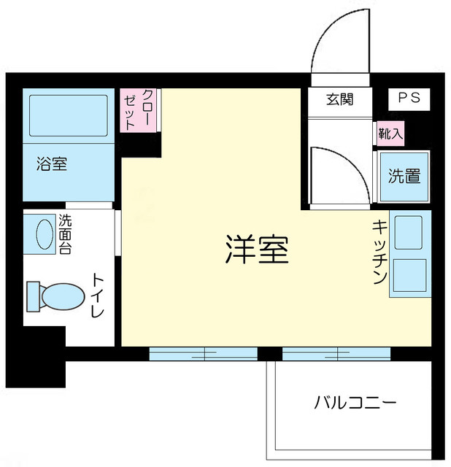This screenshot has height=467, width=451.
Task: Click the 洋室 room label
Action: click(255, 251)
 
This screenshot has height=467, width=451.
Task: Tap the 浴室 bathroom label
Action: click(52, 164)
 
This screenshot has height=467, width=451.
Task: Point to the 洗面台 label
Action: click(66, 233)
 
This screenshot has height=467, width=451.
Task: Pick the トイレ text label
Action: click(98, 296)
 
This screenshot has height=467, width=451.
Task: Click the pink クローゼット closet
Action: click(138, 110)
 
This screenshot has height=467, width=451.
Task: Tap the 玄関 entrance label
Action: click(339, 99)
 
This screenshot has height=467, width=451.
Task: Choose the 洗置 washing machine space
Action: click(404, 176)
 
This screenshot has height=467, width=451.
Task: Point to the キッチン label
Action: click(379, 252)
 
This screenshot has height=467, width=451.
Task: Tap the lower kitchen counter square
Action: click(410, 276)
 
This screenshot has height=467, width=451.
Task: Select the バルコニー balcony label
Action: click(355, 402)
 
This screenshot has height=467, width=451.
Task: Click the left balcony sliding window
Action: click(203, 354)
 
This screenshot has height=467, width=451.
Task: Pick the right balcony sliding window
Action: click(336, 354)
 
